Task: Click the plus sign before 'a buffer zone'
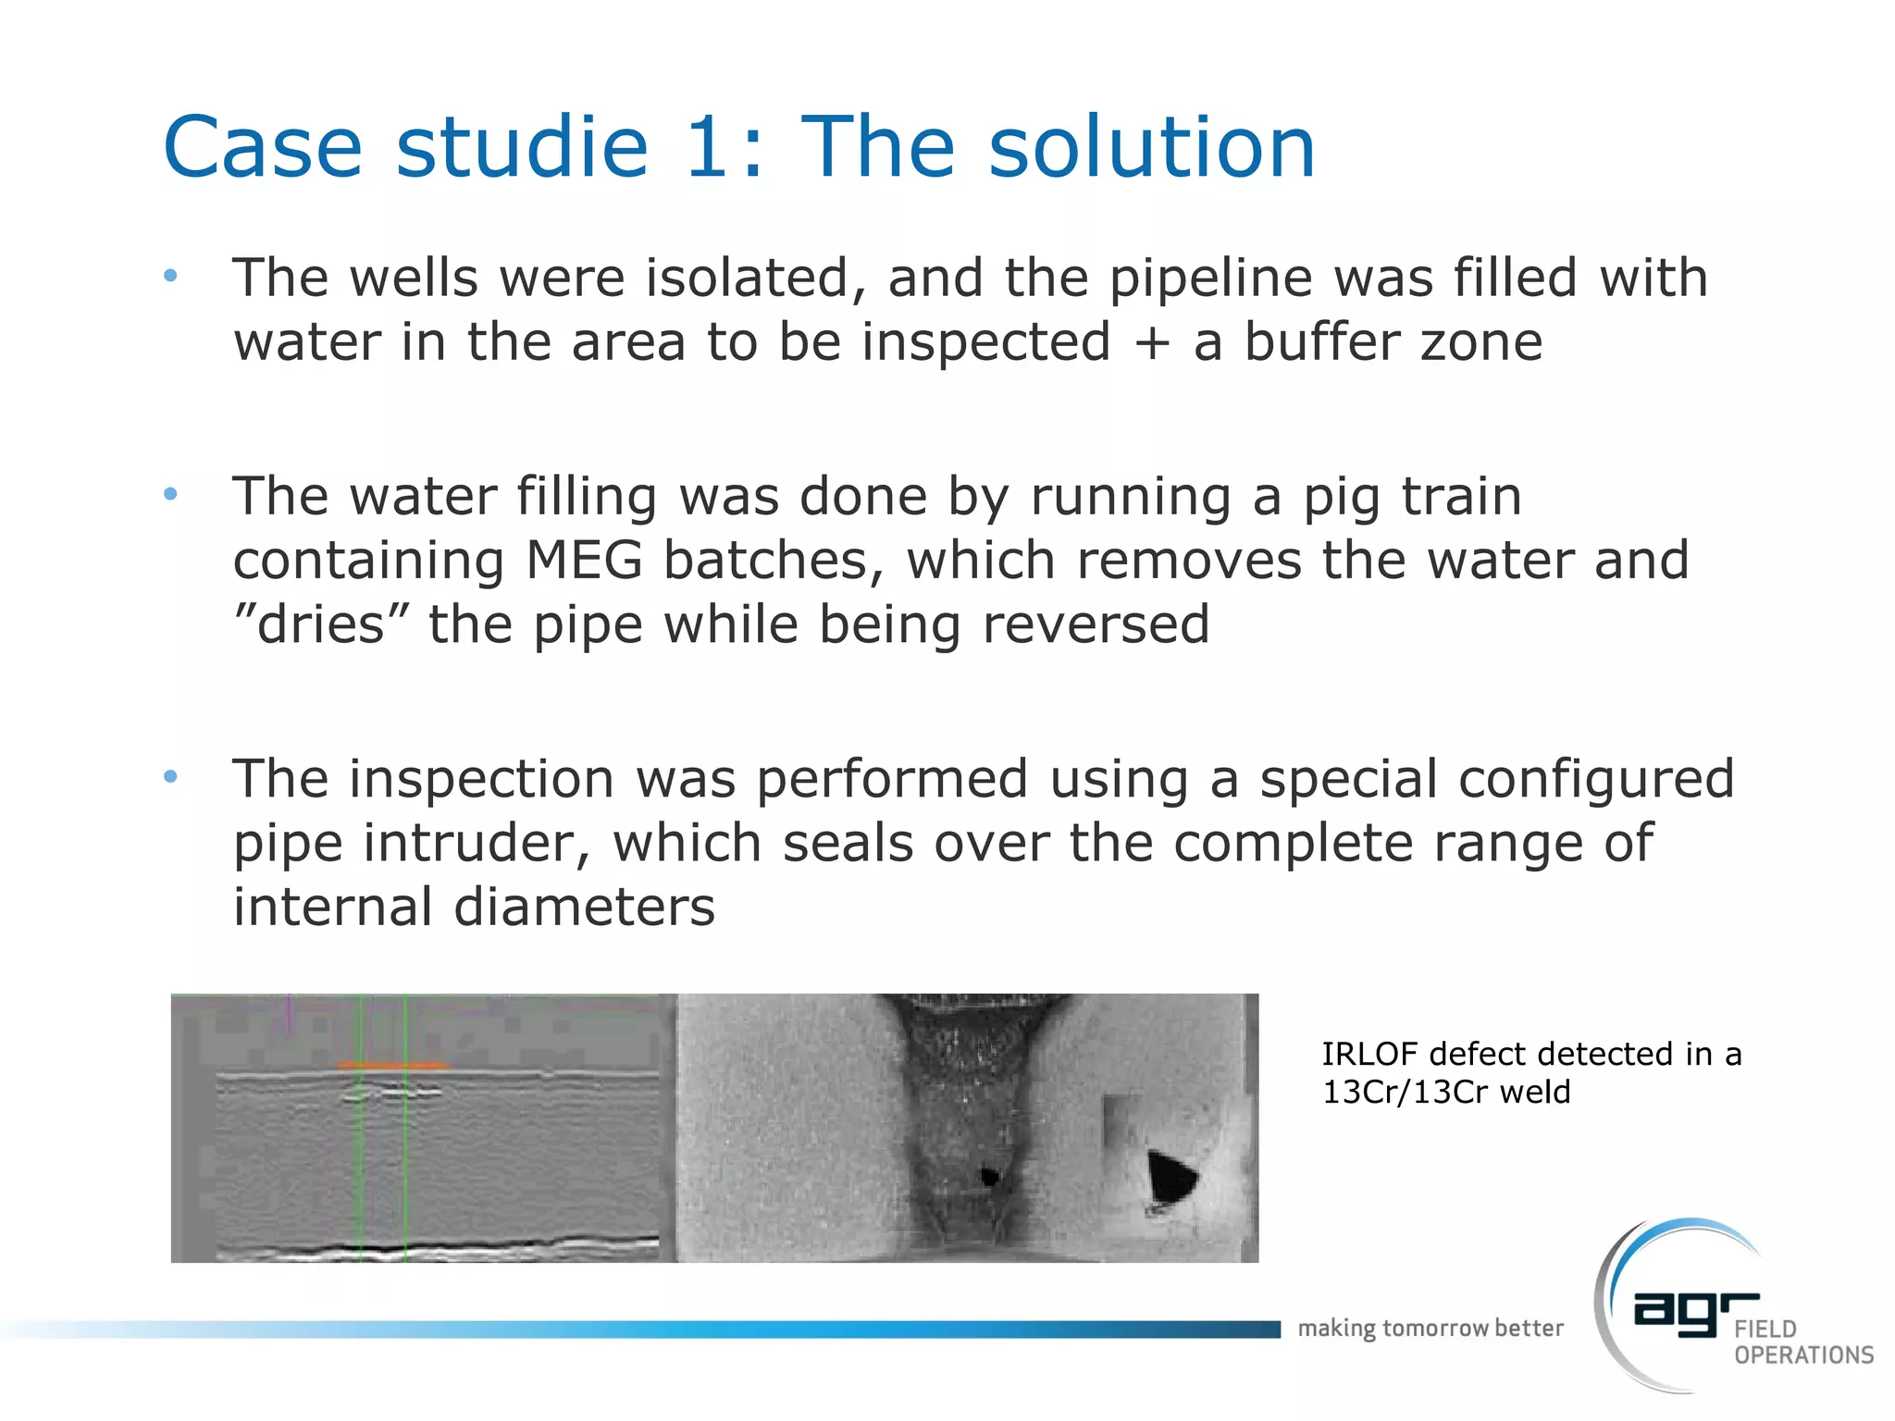click(1152, 343)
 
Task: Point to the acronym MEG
click(584, 561)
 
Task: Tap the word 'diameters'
click(584, 907)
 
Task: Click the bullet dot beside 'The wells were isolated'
click(170, 276)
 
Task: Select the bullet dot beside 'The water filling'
click(170, 494)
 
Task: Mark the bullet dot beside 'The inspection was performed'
click(170, 776)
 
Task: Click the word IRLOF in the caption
click(1369, 1054)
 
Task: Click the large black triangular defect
click(1170, 1176)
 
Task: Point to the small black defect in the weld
click(989, 1177)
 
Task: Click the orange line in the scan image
click(392, 1066)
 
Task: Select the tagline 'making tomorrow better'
click(1430, 1328)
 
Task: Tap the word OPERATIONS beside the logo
click(1803, 1355)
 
